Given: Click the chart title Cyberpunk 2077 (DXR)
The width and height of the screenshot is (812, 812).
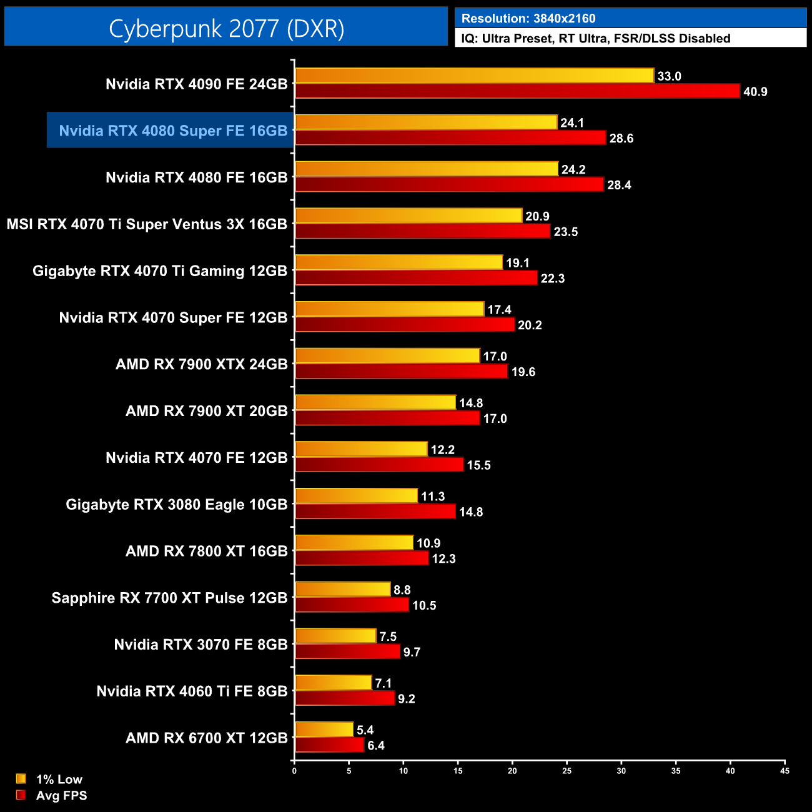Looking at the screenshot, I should coord(226,28).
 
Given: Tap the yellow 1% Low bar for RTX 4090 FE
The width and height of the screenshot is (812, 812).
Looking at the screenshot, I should coord(474,76).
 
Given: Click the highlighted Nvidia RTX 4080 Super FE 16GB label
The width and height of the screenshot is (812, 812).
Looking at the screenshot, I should coord(173,131).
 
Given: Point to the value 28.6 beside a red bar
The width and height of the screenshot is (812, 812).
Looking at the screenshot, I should coord(621,138).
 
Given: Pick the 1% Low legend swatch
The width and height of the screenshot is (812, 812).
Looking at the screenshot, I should coord(21,779).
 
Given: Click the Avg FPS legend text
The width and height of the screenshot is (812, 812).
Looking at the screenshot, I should coord(61,795).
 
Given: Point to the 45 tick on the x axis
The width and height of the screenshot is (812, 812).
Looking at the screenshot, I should coord(785,771).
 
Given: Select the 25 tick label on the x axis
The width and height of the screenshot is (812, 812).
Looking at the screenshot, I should coord(567,771).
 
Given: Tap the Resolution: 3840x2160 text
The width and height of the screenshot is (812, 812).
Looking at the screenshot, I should coord(528,18).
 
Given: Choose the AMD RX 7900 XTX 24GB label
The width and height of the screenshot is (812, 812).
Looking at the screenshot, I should coord(201,364).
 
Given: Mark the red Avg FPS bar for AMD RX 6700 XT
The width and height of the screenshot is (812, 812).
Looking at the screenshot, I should coord(329,745).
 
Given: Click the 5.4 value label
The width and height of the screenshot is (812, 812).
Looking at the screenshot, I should coord(365,730).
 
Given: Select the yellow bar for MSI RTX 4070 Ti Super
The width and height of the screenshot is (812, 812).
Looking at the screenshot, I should coord(408,215).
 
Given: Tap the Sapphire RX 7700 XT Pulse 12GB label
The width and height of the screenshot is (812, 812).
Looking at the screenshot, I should coord(169,598).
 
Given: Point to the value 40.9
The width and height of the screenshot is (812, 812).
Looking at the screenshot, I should coord(755,92).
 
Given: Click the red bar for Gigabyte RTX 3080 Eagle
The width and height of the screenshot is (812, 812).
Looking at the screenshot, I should coord(375,512).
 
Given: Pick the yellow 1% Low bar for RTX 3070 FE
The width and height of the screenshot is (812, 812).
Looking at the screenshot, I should coord(335,636).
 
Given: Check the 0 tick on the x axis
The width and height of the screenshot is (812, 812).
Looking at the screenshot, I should coord(294,771).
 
